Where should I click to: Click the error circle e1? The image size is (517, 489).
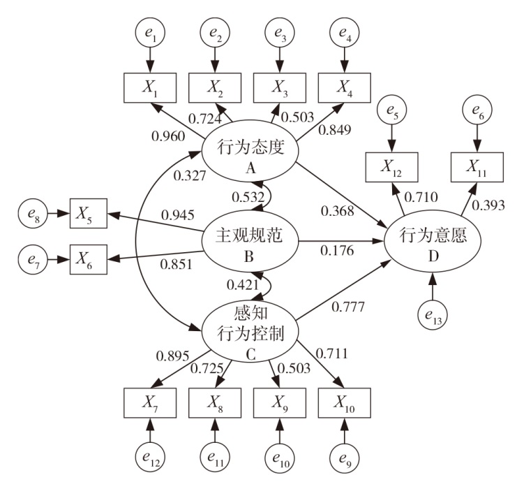(x=150, y=33)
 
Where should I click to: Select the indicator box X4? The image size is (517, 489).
(x=345, y=88)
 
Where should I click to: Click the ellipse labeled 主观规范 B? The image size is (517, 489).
(x=250, y=242)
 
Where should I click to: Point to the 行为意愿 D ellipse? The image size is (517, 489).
(x=433, y=242)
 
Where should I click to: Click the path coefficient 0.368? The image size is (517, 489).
(x=338, y=211)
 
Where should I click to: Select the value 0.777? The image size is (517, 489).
(x=348, y=307)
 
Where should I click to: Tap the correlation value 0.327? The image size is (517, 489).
(x=190, y=175)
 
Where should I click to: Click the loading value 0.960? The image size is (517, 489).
(x=168, y=136)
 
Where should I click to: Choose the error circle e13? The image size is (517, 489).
(x=433, y=315)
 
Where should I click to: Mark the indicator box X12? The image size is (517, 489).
(x=391, y=167)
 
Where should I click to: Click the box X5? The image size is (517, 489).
(x=89, y=213)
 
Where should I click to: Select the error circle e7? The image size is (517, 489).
(x=33, y=260)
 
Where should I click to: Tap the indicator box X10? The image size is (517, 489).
(x=345, y=403)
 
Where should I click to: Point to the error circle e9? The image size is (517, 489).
(x=345, y=458)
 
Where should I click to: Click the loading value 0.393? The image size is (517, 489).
(x=488, y=205)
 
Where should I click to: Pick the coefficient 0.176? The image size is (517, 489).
(x=337, y=251)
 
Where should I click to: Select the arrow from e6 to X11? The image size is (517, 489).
(x=477, y=139)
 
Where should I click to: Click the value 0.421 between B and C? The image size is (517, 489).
(x=243, y=284)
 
